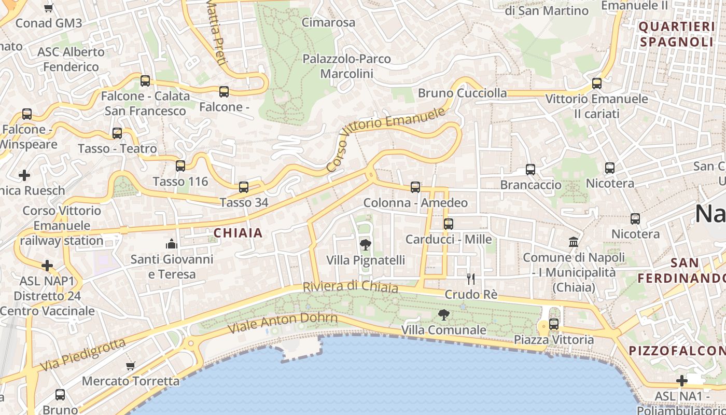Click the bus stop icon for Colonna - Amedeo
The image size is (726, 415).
[x=415, y=187]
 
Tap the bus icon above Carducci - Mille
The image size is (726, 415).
[x=449, y=224]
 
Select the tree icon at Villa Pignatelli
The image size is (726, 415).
[x=366, y=245]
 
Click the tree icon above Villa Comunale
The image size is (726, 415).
[x=443, y=314]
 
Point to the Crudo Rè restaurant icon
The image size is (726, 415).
[x=471, y=279]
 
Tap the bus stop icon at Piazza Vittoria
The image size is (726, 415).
[x=554, y=324]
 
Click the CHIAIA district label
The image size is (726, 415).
[x=238, y=233]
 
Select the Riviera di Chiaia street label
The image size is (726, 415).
[x=350, y=287]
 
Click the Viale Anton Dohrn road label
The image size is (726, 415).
[x=283, y=323]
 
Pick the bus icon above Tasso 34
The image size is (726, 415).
[x=244, y=187]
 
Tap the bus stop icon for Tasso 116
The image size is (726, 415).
[x=180, y=166]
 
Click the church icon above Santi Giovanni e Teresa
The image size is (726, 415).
[x=172, y=244]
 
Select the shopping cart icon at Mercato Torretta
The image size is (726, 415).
[x=131, y=366]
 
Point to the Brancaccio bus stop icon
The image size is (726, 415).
[x=530, y=170]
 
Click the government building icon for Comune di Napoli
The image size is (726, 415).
[x=574, y=242]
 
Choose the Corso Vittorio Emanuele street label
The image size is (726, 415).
[x=386, y=139]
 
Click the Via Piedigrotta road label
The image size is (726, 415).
[x=83, y=354]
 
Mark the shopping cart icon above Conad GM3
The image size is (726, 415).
[x=49, y=8]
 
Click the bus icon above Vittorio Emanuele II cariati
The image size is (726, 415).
[x=597, y=84]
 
